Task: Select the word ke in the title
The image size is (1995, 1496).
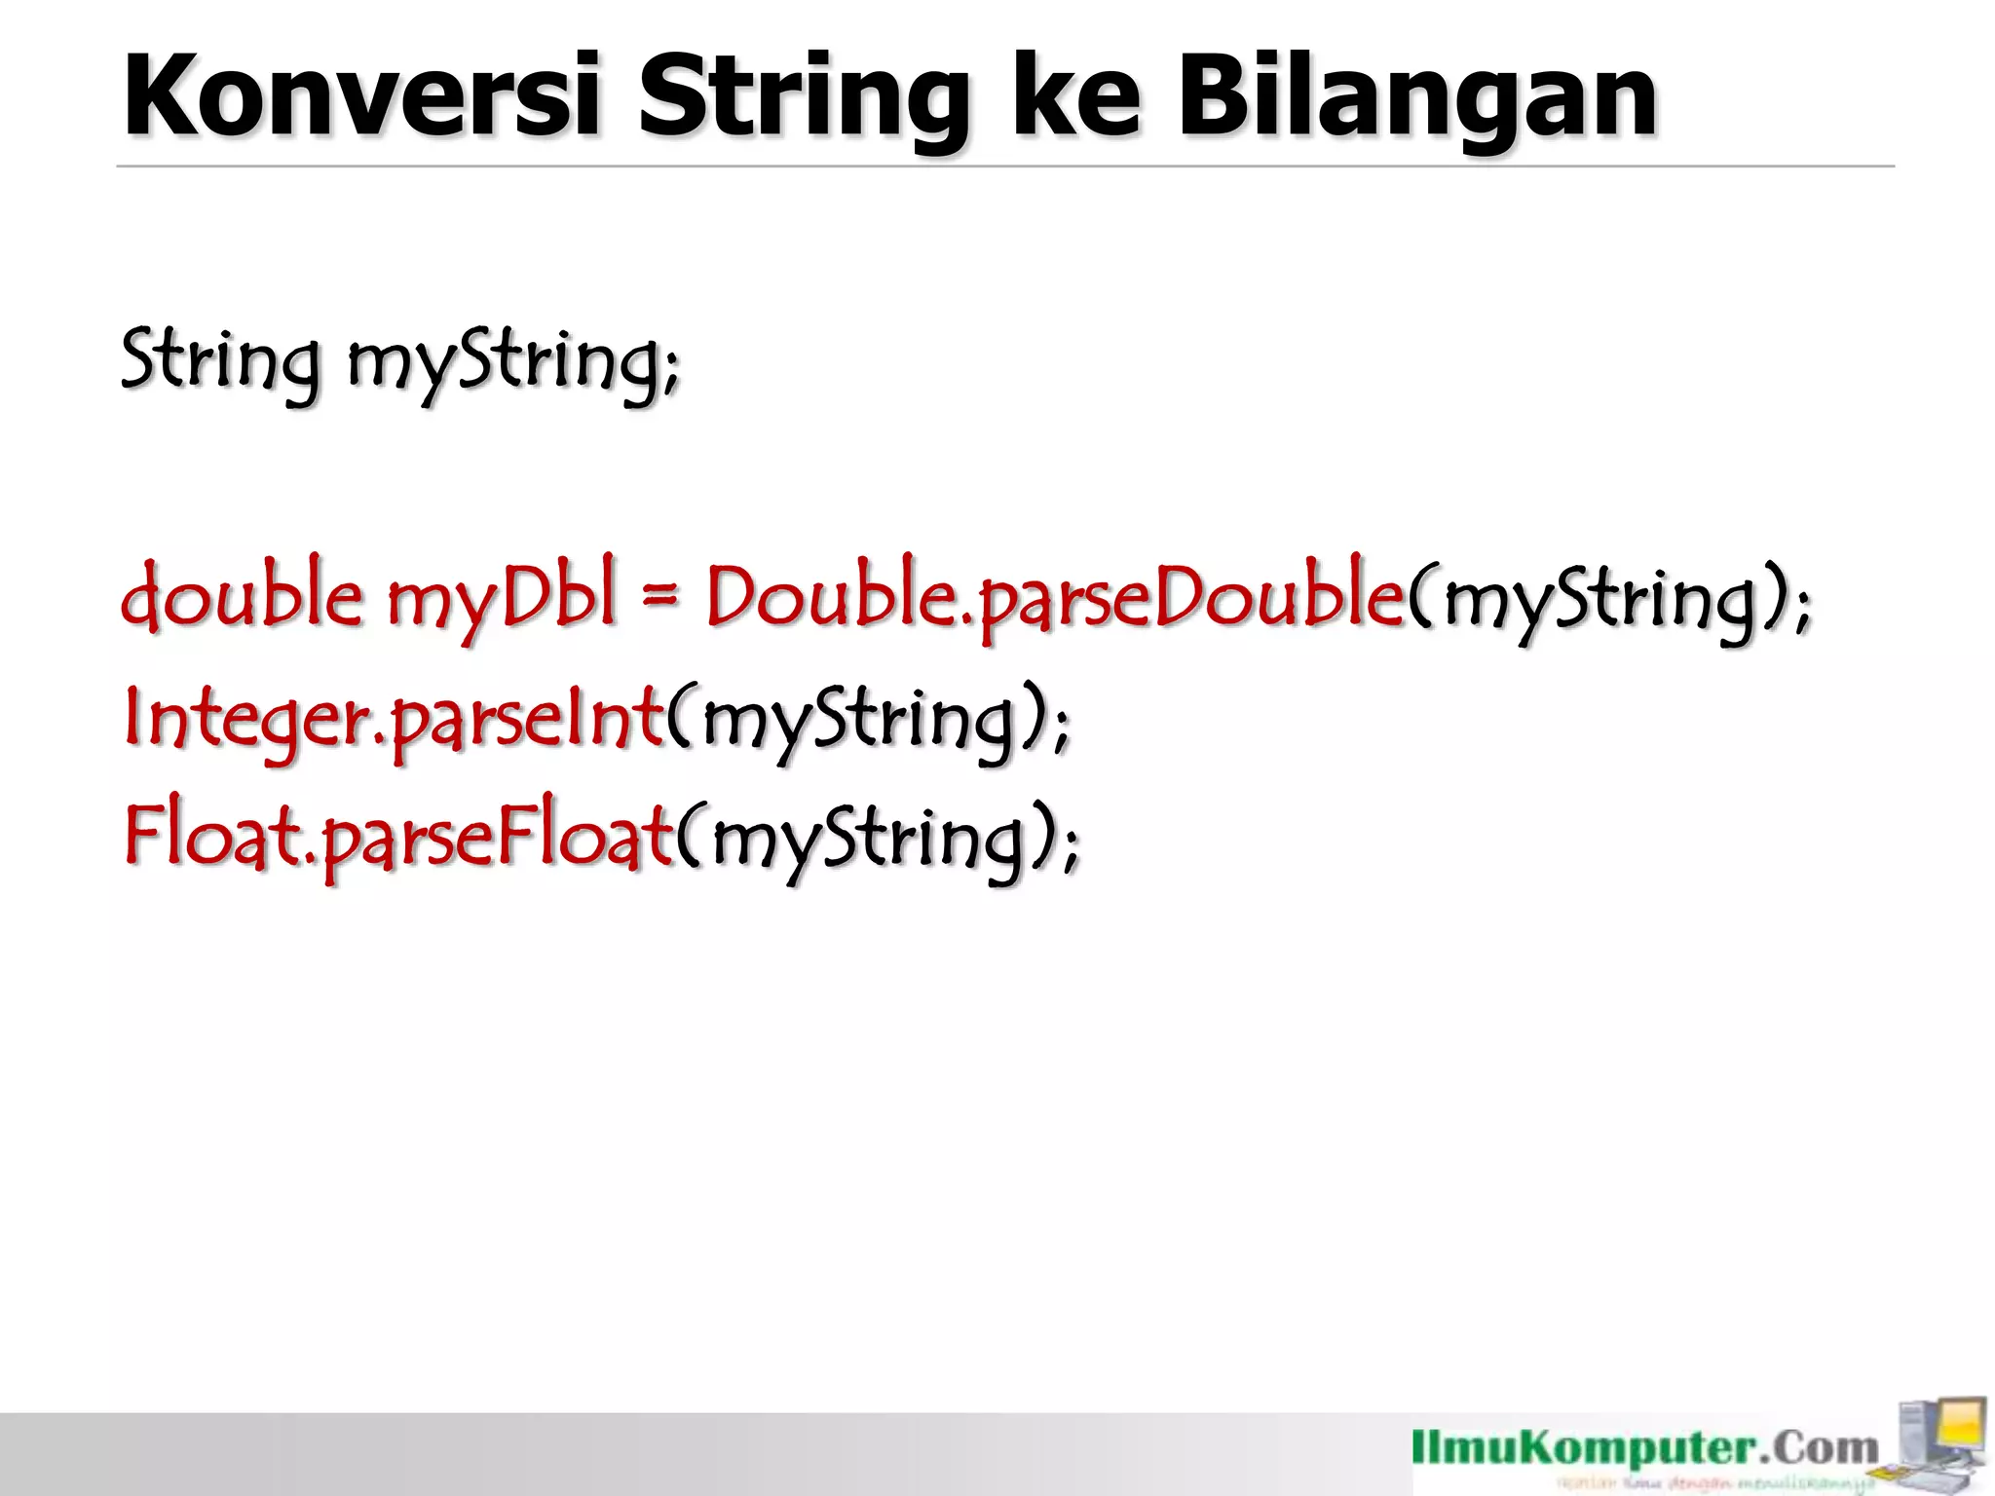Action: (1075, 97)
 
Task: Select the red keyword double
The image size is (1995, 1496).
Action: (242, 596)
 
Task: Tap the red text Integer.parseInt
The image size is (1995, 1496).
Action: (394, 719)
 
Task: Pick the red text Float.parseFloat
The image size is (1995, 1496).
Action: (397, 838)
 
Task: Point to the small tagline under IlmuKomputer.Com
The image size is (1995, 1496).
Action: (1714, 1483)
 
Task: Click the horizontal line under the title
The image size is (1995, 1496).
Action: (1003, 167)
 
